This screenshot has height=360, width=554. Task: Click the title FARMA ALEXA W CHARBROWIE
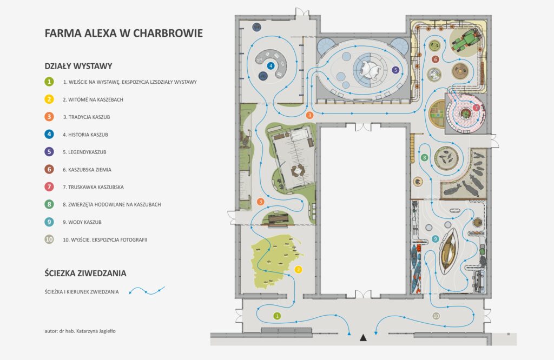[x=124, y=33]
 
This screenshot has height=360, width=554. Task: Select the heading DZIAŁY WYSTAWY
[x=78, y=66]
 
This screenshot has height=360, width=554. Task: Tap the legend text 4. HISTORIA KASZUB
[x=85, y=135]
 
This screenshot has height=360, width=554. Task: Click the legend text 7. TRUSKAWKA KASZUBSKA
[x=93, y=187]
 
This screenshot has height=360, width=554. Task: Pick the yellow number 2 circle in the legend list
[x=49, y=99]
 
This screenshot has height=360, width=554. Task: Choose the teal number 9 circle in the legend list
[x=49, y=222]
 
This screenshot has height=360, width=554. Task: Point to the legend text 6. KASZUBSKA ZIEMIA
[x=87, y=169]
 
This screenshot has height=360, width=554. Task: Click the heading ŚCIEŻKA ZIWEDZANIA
[x=85, y=273]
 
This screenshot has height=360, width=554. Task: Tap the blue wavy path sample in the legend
[x=147, y=291]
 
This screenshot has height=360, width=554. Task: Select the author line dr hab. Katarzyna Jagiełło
[x=80, y=331]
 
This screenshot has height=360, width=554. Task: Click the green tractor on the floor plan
[x=466, y=40]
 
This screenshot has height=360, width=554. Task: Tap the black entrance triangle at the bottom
[x=363, y=338]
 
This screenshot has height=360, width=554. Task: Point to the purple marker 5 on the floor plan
[x=395, y=70]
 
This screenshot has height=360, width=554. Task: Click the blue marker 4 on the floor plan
[x=271, y=65]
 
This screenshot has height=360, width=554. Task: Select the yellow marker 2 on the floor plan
[x=298, y=269]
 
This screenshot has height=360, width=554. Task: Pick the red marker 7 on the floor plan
[x=476, y=107]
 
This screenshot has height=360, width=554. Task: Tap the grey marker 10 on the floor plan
[x=436, y=316]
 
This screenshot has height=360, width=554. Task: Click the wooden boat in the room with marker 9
[x=448, y=251]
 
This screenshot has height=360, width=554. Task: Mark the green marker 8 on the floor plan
[x=424, y=157]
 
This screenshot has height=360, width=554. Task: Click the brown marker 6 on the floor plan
[x=435, y=59]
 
